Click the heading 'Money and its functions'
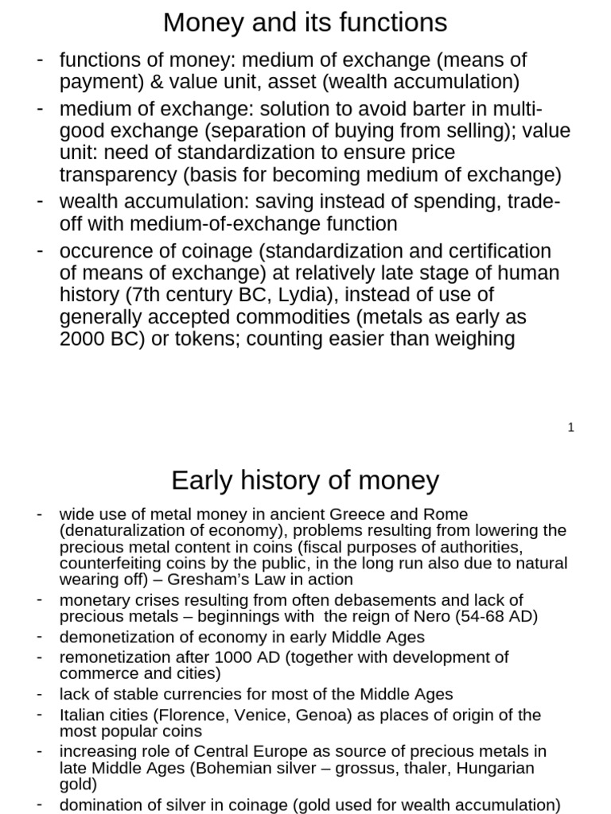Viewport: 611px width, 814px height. pos(305,23)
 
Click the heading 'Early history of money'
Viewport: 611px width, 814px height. pos(305,480)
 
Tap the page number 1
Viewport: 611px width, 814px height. pos(571,428)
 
